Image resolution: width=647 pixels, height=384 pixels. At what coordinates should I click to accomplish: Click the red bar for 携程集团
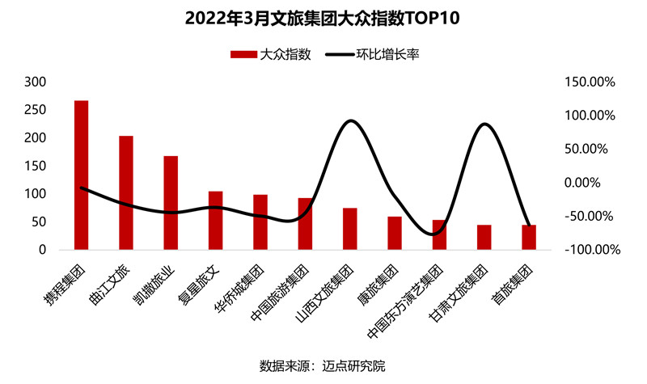[81, 175]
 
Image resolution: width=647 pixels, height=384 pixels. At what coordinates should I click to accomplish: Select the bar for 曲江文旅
[126, 193]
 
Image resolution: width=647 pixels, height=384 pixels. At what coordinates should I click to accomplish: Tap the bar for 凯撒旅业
[171, 203]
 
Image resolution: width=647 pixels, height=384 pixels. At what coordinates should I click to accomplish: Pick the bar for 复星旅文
[215, 221]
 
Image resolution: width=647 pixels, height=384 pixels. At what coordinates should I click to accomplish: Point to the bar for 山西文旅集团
[349, 229]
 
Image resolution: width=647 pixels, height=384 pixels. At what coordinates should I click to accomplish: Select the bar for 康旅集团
[395, 233]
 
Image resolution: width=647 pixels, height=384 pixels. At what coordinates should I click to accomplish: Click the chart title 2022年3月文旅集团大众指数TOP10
[323, 18]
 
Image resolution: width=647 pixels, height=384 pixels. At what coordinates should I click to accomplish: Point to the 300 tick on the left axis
[36, 82]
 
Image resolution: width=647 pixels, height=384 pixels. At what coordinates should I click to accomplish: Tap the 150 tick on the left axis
[36, 166]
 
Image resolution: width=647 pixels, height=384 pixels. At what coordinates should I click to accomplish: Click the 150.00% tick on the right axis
[590, 82]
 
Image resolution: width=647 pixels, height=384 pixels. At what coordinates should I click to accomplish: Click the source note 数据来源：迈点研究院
[323, 365]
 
